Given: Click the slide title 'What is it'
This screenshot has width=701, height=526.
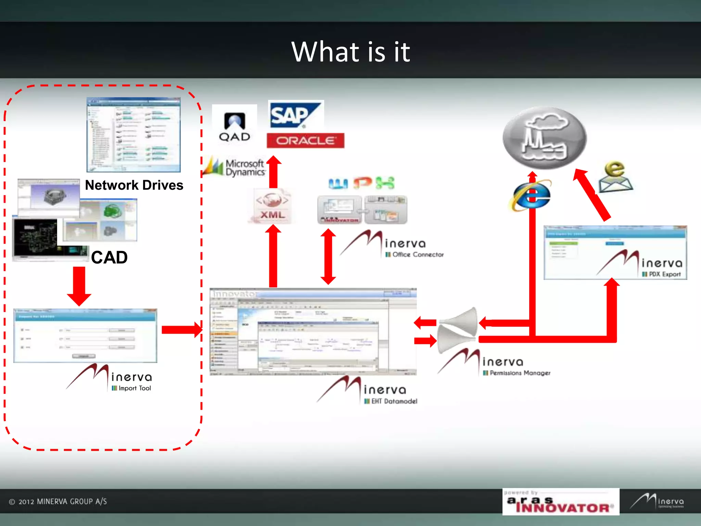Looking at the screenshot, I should point(350,52).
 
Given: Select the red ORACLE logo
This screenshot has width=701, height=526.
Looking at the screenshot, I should point(305,141).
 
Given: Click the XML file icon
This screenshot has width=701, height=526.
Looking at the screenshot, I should point(272,206).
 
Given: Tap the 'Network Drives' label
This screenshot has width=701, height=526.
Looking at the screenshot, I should point(134,185).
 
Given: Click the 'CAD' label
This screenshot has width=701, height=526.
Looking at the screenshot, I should point(109,258).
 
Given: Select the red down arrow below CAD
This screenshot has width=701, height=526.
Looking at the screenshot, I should point(79,286).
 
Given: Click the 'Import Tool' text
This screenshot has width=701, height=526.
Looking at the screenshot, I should point(135,388).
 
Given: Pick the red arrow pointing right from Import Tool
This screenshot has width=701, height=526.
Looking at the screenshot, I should point(182,330).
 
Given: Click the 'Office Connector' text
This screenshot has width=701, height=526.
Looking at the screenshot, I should point(418,254).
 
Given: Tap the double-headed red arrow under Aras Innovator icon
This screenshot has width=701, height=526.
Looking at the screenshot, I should point(328,256).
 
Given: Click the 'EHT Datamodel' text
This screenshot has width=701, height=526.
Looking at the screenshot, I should point(394,401).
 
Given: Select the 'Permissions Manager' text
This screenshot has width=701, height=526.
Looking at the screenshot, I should point(520,373).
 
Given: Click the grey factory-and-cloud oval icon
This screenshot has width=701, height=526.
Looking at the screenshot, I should point(545,138).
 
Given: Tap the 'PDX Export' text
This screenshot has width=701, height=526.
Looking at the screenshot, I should point(664,274).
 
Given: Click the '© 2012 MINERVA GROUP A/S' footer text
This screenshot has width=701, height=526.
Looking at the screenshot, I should point(58,502).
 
